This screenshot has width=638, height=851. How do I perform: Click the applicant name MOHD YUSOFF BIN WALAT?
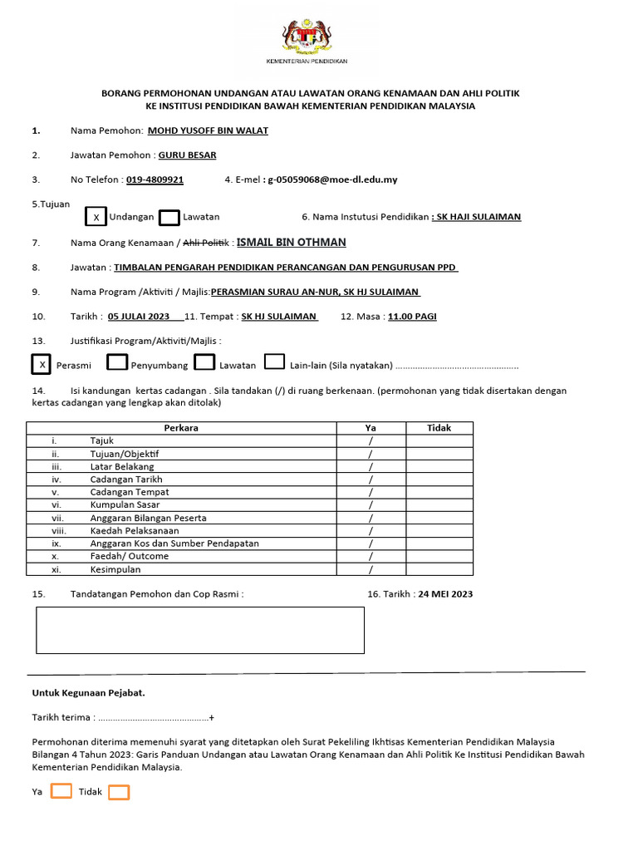point(208,130)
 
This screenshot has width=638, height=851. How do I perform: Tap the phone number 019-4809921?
point(155,179)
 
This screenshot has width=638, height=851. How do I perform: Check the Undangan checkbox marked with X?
point(96,217)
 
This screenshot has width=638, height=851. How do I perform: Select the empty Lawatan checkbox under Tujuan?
point(169,217)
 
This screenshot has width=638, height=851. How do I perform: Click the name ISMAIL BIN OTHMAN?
point(292,242)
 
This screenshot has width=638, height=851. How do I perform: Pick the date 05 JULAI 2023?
point(139,316)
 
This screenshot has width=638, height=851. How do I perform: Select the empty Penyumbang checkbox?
point(118,362)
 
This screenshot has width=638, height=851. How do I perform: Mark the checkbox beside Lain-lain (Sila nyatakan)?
point(274,362)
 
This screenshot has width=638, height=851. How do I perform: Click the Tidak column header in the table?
point(439,428)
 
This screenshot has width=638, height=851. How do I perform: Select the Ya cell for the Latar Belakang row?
point(371,466)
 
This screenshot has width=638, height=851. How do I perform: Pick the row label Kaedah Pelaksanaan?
point(125,530)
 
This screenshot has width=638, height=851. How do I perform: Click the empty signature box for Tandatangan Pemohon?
point(199,629)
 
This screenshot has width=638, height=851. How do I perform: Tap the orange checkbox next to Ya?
point(61,791)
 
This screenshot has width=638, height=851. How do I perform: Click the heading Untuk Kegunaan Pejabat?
point(88,692)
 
